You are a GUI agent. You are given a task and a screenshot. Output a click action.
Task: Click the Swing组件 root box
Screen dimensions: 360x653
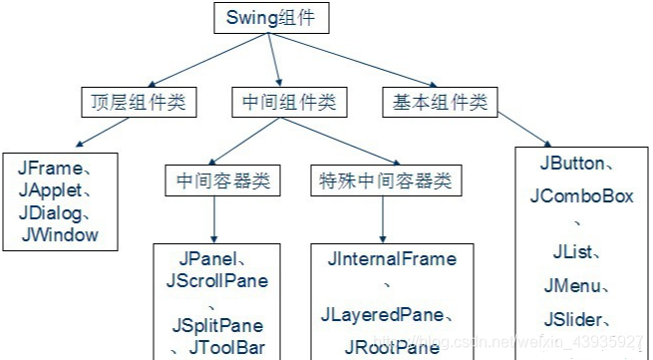270,18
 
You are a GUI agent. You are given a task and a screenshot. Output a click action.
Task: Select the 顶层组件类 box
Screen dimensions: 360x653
139,102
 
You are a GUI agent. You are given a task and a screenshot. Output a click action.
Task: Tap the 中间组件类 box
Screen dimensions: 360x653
289,102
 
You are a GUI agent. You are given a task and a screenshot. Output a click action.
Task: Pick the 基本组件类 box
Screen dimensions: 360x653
437,102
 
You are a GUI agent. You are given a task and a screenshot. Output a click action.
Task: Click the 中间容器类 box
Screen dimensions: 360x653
222,181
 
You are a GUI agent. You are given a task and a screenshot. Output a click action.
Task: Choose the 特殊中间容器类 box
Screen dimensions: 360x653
383,181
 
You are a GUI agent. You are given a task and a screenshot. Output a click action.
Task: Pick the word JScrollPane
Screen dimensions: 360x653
217,281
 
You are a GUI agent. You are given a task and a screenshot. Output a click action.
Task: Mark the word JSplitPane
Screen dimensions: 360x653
217,326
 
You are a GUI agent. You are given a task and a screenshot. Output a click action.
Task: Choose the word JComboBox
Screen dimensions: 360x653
581,196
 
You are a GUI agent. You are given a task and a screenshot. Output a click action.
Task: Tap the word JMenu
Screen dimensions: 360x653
572,287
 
